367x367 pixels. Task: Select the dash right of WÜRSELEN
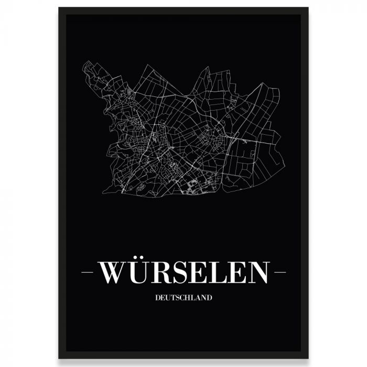280,273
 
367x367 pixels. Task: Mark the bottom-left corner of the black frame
59,358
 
